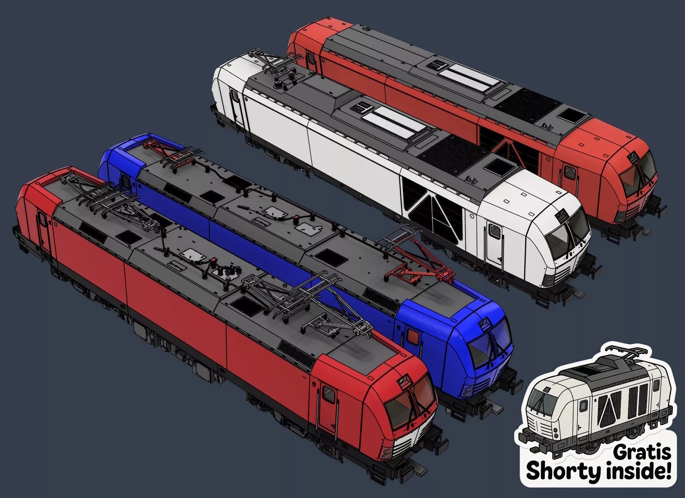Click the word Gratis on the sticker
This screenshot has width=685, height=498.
click(642, 452)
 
